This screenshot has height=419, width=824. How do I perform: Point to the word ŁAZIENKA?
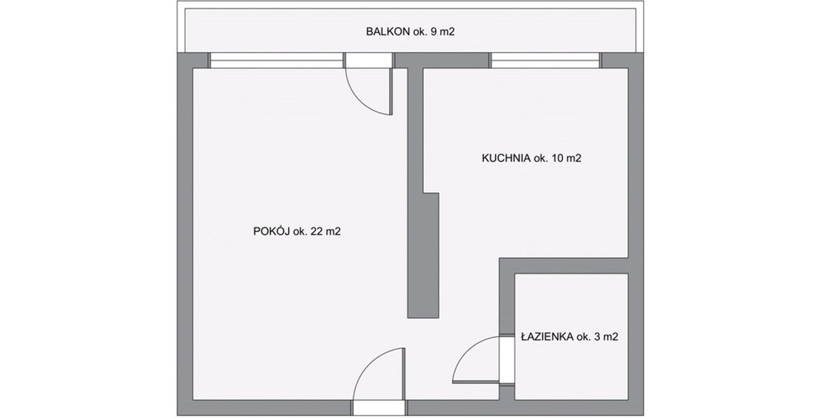coord(547,337)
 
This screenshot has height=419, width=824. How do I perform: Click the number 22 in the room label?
coord(317,230)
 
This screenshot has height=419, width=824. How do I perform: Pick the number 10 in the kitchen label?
coord(557,159)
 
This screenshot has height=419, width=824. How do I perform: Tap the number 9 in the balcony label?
coord(434,31)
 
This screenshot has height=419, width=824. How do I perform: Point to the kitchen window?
coord(545,61)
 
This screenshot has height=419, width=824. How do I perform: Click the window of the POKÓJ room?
coord(277,61)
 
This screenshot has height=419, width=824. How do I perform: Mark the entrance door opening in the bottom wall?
coord(379,408)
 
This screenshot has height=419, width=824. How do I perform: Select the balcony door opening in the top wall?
coord(369,61)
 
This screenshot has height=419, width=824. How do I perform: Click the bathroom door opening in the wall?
coord(507,360)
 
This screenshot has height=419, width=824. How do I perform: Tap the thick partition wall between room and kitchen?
coord(423,256)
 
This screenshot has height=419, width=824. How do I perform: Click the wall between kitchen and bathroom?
coord(564,265)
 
